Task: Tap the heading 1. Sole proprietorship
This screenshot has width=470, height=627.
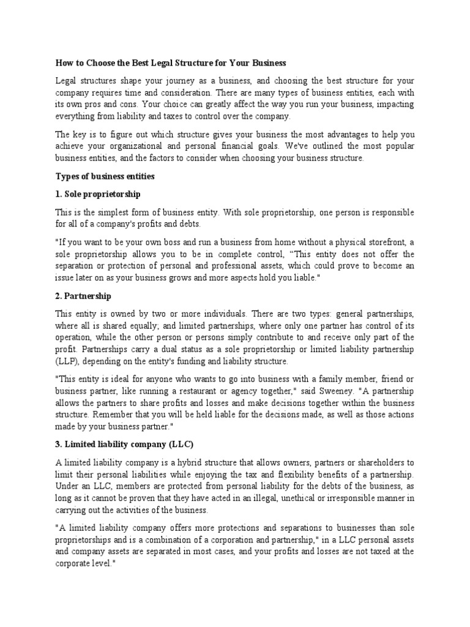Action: (x=98, y=194)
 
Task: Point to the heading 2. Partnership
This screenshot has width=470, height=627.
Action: (x=83, y=296)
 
